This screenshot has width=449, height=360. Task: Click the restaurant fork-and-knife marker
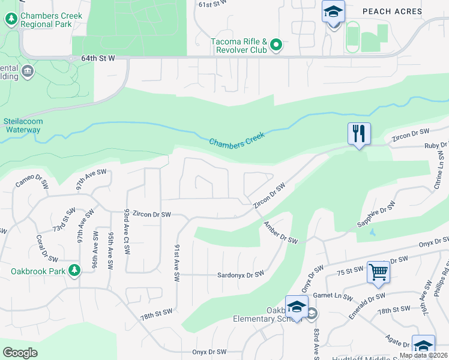359,133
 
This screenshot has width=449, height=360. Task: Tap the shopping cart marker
378,272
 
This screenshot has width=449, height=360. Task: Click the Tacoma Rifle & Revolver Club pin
276,44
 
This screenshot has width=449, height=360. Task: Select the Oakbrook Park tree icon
74,271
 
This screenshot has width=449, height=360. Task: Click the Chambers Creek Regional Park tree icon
11,19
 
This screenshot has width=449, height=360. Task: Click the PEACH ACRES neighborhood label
392,11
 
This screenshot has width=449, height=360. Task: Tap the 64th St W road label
97,59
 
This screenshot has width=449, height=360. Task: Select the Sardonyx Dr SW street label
241,275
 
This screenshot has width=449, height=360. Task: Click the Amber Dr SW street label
280,232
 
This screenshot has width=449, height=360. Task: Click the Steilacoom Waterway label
22,125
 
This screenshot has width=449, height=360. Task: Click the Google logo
20,353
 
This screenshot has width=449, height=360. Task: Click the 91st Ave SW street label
177,264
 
